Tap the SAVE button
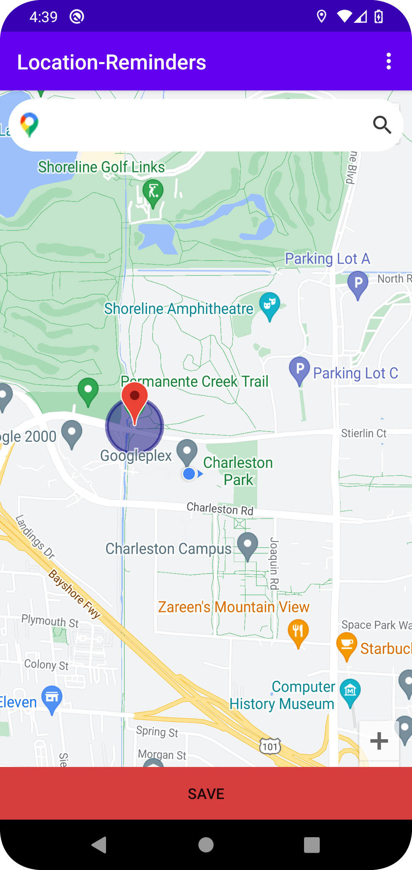pyautogui.click(x=206, y=794)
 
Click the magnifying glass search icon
pyautogui.click(x=382, y=125)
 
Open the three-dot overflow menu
pyautogui.click(x=388, y=61)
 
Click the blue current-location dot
pyautogui.click(x=189, y=474)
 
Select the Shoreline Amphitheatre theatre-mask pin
pyautogui.click(x=270, y=305)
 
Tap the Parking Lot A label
pyautogui.click(x=327, y=259)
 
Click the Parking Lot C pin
pyautogui.click(x=299, y=369)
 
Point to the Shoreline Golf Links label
pyautogui.click(x=101, y=167)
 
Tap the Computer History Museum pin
pyautogui.click(x=350, y=691)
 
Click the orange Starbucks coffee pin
pyautogui.click(x=346, y=644)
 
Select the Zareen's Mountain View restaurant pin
pyautogui.click(x=298, y=632)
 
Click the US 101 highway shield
pyautogui.click(x=270, y=746)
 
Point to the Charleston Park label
pyautogui.click(x=238, y=471)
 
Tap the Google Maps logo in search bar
pyautogui.click(x=29, y=125)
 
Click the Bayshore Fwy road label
pyautogui.click(x=74, y=594)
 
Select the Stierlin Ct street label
pyautogui.click(x=364, y=433)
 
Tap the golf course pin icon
pyautogui.click(x=153, y=192)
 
